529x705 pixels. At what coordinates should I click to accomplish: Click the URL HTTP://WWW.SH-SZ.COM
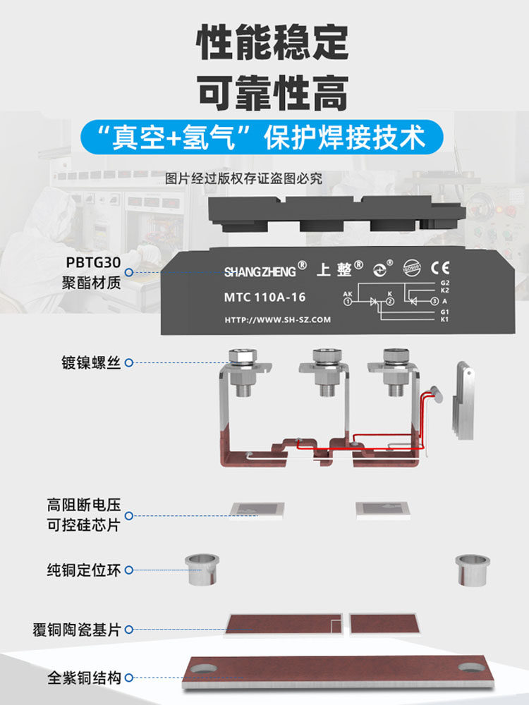click(x=277, y=320)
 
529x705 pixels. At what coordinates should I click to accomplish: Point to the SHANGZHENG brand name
click(x=260, y=271)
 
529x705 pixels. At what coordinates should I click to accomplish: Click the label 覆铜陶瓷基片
click(x=77, y=630)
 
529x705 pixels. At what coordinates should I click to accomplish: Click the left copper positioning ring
click(x=203, y=570)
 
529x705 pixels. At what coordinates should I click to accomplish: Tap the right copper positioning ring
click(x=472, y=570)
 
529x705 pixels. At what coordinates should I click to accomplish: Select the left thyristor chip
click(x=257, y=510)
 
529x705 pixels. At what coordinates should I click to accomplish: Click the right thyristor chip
click(x=382, y=510)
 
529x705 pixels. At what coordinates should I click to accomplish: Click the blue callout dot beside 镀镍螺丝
click(x=128, y=363)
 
